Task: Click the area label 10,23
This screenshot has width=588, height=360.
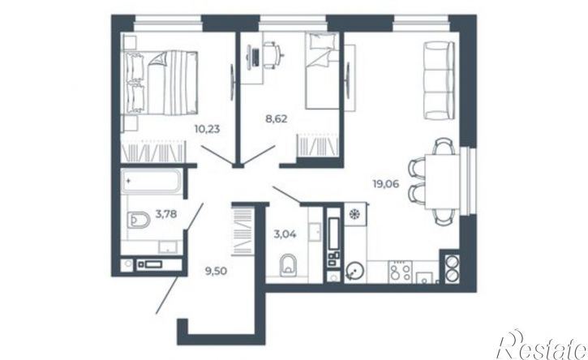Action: coord(207,130)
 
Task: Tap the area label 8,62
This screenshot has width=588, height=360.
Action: coord(277,119)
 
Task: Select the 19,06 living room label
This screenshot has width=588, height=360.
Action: coord(385,184)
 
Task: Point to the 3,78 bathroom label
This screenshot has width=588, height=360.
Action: coord(166,214)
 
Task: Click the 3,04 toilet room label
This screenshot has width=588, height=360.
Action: coord(285,234)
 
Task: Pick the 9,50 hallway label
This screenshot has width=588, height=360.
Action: coord(216,270)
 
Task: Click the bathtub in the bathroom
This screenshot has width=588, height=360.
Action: coord(152,181)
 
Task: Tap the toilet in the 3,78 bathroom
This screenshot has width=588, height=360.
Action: coord(138,220)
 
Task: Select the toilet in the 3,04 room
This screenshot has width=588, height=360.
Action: coord(288,264)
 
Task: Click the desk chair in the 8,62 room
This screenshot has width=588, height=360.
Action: coord(272,55)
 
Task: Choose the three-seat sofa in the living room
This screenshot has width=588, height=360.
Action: coord(439,80)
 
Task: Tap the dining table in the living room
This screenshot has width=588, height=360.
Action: coord(443,181)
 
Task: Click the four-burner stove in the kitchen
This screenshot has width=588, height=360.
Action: coord(400,272)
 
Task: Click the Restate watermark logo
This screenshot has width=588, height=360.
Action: coord(542,345)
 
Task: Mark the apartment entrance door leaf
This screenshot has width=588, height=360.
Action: coord(167,295)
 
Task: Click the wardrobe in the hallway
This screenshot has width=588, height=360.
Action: coord(242,231)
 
